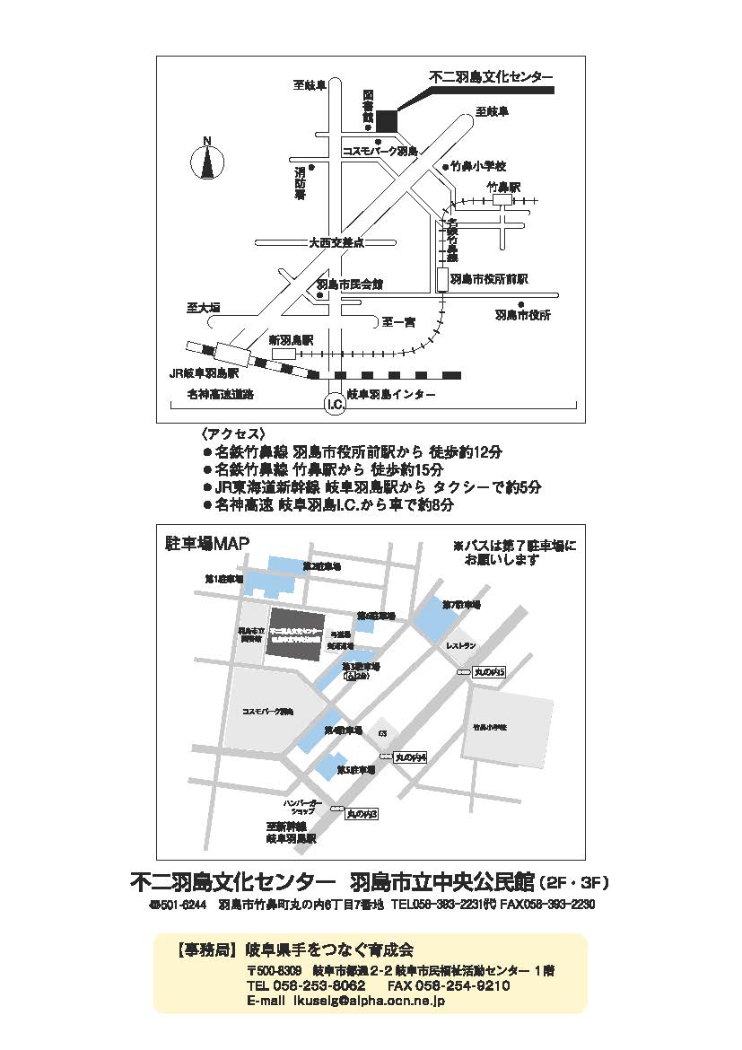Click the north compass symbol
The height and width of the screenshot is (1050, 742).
(206, 162)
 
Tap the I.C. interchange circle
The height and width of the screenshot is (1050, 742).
(334, 405)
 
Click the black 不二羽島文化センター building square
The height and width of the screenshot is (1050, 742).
(386, 120)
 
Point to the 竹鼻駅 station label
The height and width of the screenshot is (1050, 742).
(503, 188)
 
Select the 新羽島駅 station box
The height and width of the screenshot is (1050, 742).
(284, 355)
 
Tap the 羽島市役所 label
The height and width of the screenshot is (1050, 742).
(523, 315)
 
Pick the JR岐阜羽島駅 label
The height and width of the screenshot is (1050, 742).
(205, 372)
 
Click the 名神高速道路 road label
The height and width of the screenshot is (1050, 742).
(221, 394)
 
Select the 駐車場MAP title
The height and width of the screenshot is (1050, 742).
(207, 543)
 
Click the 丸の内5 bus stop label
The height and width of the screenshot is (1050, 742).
(490, 671)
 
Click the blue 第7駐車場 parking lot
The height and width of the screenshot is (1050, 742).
(438, 617)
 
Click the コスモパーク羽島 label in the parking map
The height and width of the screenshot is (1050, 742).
(267, 712)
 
